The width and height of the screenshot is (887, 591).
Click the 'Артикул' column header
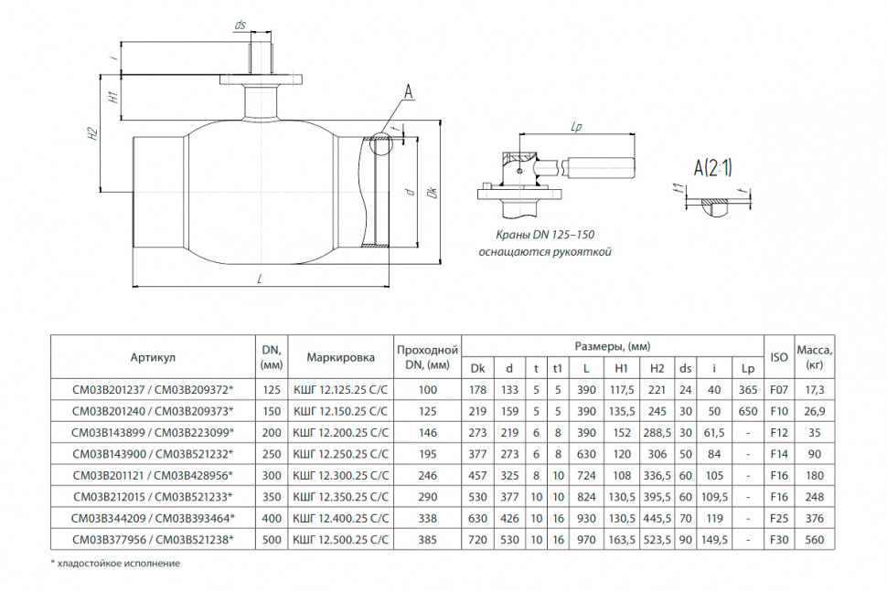click(153, 358)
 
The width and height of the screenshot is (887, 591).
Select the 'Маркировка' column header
click(340, 358)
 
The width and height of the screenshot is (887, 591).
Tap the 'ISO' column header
click(779, 357)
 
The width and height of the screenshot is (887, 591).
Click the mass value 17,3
click(814, 390)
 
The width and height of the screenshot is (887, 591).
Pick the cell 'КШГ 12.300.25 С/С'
click(340, 476)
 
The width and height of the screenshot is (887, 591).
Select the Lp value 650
click(748, 411)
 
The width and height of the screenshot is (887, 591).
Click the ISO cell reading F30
click(779, 540)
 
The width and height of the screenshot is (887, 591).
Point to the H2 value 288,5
click(657, 433)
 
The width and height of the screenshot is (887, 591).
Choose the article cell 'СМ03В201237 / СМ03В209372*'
click(153, 390)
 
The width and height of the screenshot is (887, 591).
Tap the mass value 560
click(814, 540)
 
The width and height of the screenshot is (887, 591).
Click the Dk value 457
click(477, 476)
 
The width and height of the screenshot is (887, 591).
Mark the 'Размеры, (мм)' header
click(613, 346)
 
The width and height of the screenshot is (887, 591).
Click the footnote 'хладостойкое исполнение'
click(118, 564)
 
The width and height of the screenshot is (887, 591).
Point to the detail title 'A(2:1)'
click(712, 168)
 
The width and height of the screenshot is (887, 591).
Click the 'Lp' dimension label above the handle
click(576, 127)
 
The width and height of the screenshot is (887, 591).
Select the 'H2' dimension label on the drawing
click(93, 134)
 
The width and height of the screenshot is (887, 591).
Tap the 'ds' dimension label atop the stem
click(240, 25)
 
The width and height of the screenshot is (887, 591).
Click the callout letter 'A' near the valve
click(408, 91)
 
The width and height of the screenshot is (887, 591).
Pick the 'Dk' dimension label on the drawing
click(433, 192)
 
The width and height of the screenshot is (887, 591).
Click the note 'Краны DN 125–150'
click(545, 235)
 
